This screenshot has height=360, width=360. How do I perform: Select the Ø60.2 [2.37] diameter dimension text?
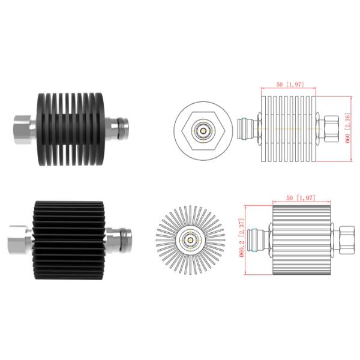(242, 239)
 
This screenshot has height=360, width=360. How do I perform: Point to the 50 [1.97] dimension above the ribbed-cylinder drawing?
(298, 197)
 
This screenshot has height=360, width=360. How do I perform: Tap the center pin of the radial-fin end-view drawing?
(190, 239)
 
